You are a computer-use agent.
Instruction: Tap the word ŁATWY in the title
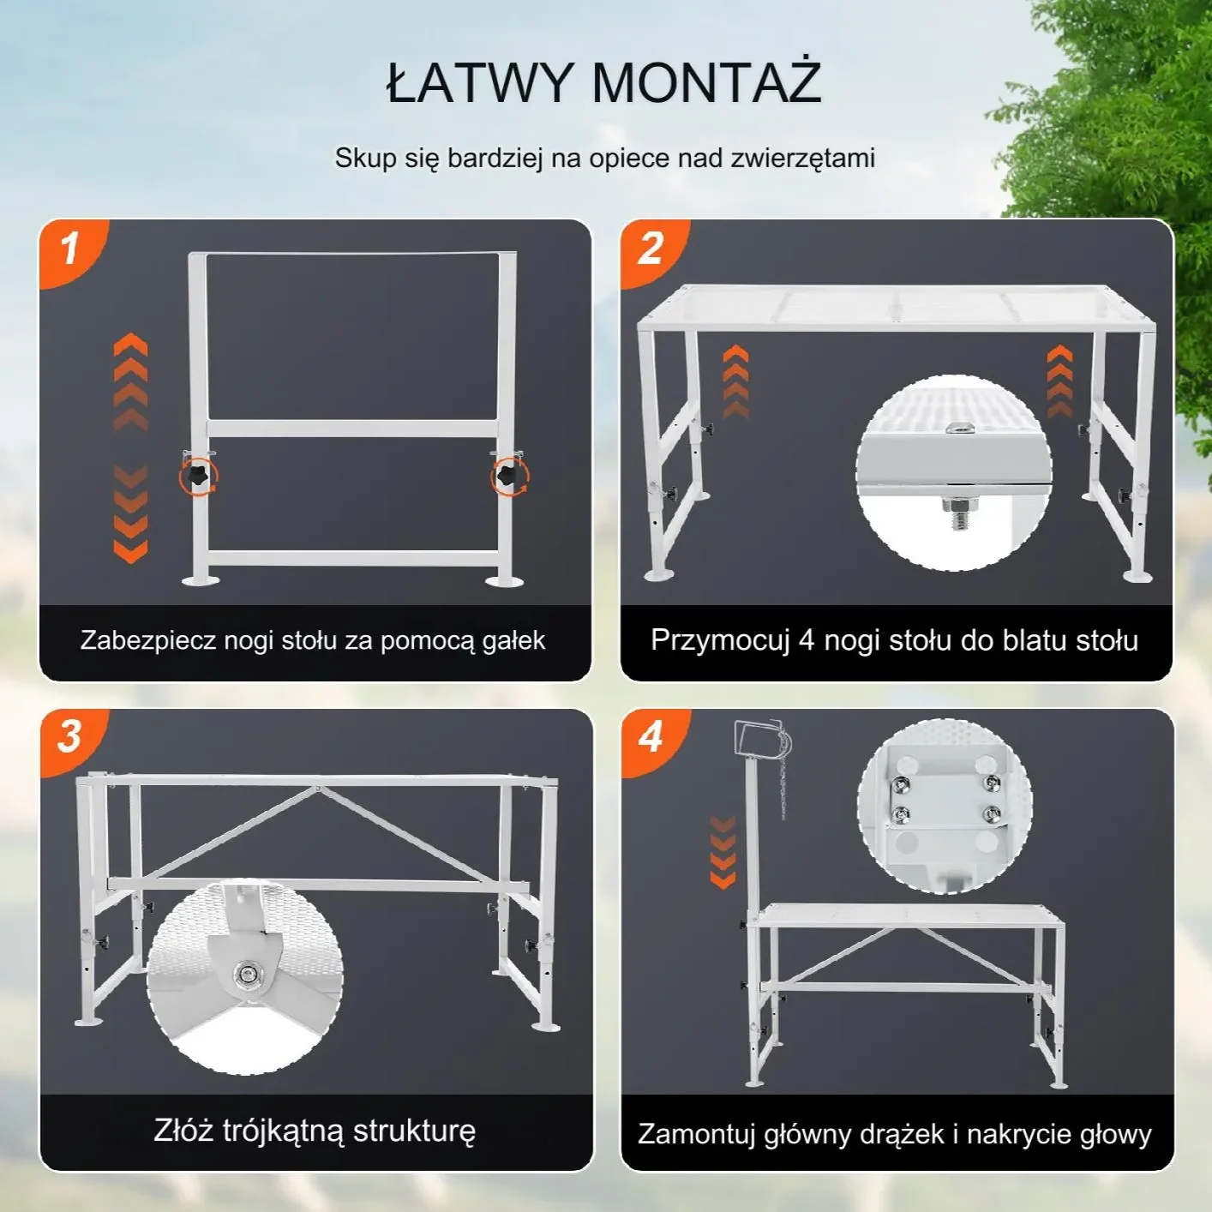pyautogui.click(x=478, y=82)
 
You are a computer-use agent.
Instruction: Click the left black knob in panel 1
pyautogui.click(x=197, y=474)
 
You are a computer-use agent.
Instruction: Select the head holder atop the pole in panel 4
pyautogui.click(x=762, y=743)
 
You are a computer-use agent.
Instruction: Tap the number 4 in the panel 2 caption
pyautogui.click(x=806, y=641)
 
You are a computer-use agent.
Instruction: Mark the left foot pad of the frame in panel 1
pyautogui.click(x=201, y=580)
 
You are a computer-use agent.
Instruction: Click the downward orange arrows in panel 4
pyautogui.click(x=723, y=852)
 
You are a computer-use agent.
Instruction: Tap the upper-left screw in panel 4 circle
pyautogui.click(x=900, y=783)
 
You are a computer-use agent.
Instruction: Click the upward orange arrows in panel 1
pyautogui.click(x=131, y=381)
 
